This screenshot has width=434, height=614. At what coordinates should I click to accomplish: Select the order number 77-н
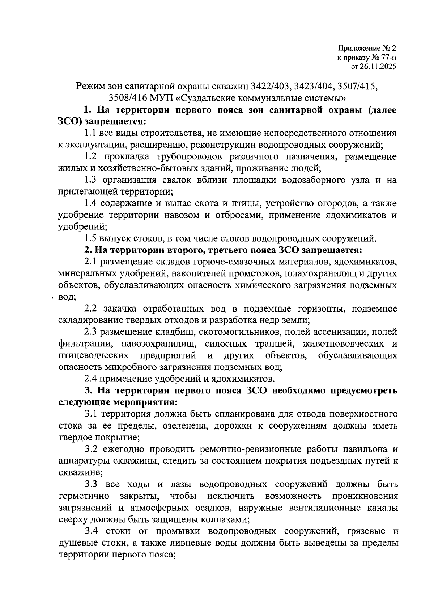tap(387, 57)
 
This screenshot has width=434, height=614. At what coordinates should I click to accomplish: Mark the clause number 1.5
tap(90, 238)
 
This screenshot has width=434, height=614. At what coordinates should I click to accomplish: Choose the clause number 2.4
tap(90, 379)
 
